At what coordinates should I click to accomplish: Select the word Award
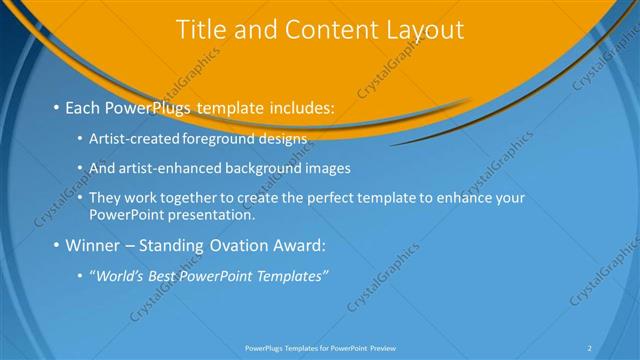(299, 245)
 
